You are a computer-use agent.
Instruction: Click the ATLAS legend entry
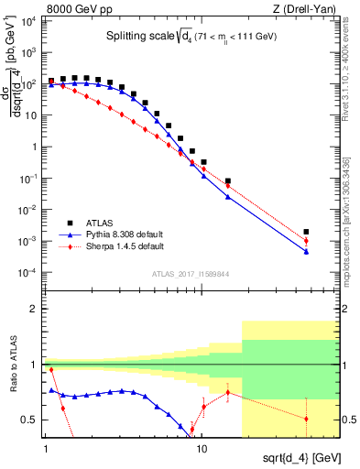pos(96,223)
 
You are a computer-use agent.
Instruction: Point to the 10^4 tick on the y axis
pos(29,20)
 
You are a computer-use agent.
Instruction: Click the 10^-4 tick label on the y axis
pos(29,273)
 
